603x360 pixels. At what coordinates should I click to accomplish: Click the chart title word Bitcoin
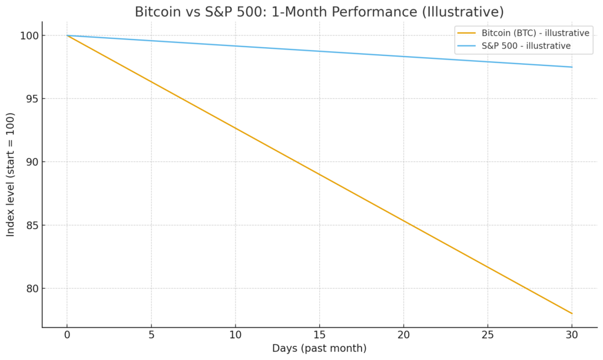[x=157, y=12]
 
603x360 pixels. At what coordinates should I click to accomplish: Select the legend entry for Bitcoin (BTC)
[x=535, y=33]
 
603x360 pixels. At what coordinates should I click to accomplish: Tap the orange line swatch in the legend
[x=469, y=33]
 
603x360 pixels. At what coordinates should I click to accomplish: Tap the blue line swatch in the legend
[x=469, y=45]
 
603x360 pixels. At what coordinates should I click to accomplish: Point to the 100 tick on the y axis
[x=28, y=36]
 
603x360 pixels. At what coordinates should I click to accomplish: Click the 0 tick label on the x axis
[x=67, y=335]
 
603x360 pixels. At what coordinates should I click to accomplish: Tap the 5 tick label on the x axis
[x=151, y=335]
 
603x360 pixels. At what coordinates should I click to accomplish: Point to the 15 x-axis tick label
[x=319, y=335]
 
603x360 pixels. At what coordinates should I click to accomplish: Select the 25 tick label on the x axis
[x=488, y=335]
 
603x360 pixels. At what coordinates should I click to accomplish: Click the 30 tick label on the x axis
[x=571, y=335]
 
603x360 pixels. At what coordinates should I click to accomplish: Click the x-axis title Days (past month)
[x=319, y=348]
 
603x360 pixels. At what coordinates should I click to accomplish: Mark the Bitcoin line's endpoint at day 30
[x=571, y=313]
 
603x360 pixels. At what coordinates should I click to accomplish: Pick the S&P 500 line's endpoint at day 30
[x=571, y=67]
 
